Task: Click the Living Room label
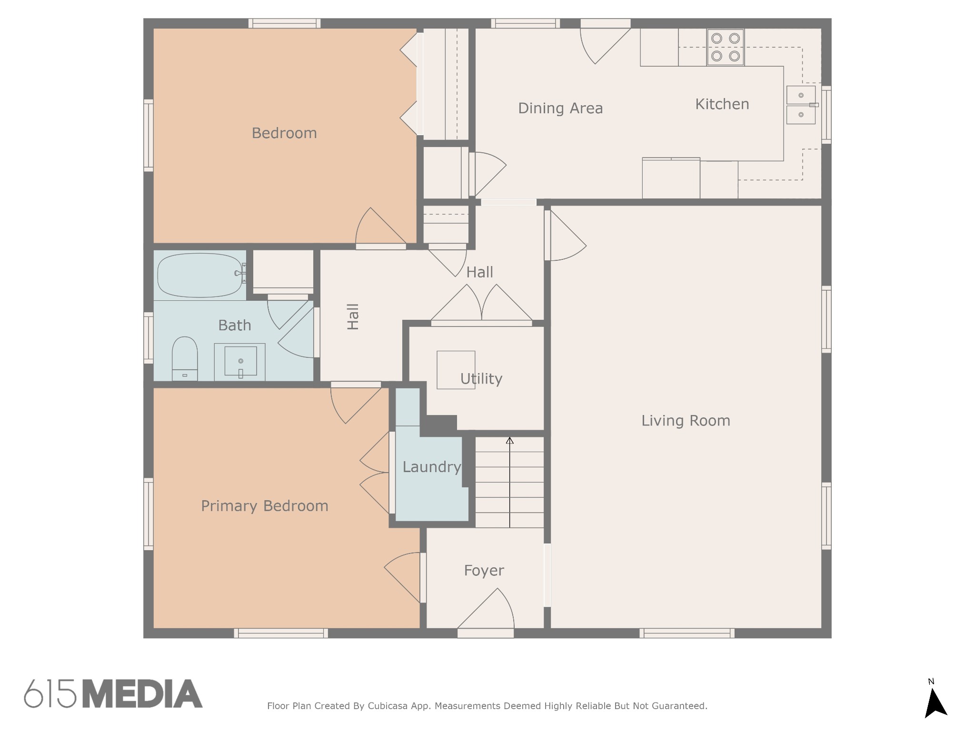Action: (x=686, y=421)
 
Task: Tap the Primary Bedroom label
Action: (x=265, y=506)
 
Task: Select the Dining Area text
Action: (x=560, y=109)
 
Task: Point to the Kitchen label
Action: (x=722, y=104)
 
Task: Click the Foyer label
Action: (x=484, y=571)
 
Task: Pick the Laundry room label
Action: (x=432, y=467)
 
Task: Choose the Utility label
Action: (x=481, y=379)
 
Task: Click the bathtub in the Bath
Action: (x=200, y=275)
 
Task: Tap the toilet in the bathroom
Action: (x=185, y=359)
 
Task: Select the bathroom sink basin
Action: (x=240, y=361)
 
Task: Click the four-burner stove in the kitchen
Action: (x=726, y=48)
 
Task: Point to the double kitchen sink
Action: (x=801, y=105)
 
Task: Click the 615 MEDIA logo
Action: (x=113, y=693)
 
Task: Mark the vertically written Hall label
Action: (x=353, y=317)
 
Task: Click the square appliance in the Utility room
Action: (x=456, y=370)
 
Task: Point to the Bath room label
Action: (x=235, y=326)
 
